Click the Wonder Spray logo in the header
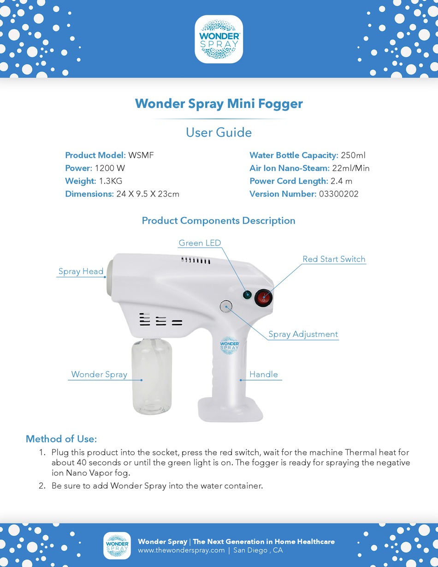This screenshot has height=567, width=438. tap(219, 39)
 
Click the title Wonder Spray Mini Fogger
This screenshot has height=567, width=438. tap(219, 103)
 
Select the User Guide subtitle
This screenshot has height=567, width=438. tap(219, 132)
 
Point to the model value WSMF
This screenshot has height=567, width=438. tap(141, 155)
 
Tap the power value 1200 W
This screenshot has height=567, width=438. tap(110, 168)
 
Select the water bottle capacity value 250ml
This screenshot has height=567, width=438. tap(353, 155)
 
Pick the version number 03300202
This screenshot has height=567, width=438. tap(338, 194)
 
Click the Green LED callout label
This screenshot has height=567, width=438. tap(200, 243)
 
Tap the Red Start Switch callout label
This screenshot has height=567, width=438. tap(334, 259)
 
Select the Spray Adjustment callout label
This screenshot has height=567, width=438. tap(303, 334)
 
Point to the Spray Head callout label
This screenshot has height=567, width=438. tap(81, 272)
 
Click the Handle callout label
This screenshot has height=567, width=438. tap(264, 375)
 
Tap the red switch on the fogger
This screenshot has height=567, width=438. tap(264, 298)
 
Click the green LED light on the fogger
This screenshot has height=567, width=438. tap(247, 294)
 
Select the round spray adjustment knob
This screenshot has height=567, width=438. tap(226, 306)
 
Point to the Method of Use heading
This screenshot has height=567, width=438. tap(61, 439)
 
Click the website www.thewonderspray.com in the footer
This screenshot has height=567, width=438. tap(181, 550)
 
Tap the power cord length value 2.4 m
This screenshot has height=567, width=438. tap(341, 181)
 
